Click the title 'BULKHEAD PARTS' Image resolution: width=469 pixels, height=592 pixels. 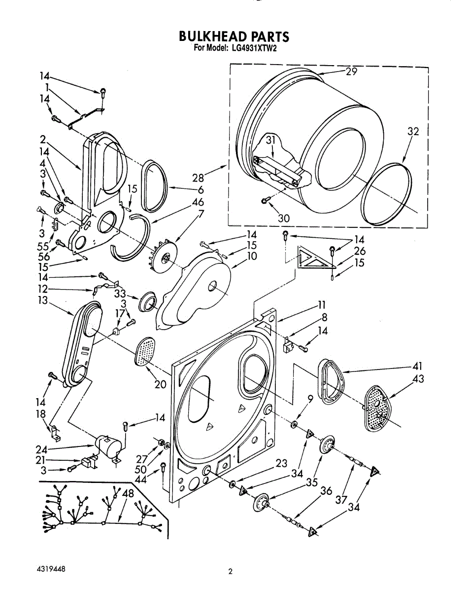pos(234,37)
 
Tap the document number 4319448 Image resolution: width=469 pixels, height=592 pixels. pos(51,569)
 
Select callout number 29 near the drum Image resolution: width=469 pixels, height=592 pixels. pos(351,72)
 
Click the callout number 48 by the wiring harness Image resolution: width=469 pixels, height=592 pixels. pos(128,493)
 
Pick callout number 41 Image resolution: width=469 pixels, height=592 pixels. pos(418,367)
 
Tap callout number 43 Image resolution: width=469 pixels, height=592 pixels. pos(418,379)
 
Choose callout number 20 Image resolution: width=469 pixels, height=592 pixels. pos(160,384)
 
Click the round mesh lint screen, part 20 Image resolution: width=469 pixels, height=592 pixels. pos(144,352)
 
